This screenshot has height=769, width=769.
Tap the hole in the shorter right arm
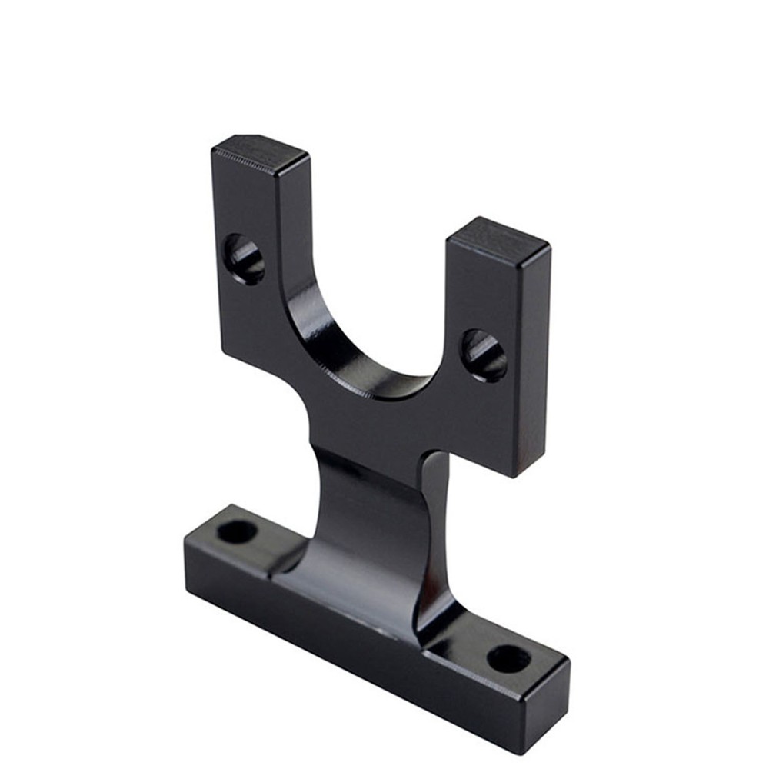[484, 355]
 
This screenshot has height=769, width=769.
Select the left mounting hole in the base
[237, 531]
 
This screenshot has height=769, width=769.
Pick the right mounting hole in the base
[509, 659]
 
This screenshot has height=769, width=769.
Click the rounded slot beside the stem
[435, 523]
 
